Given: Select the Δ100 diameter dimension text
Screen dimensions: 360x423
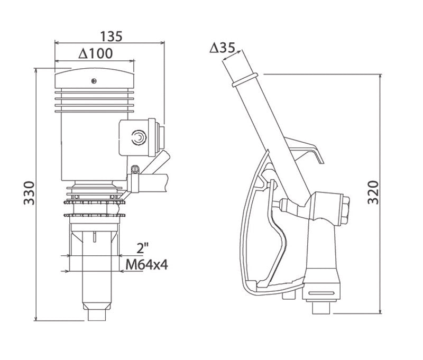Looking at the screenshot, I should point(95,53).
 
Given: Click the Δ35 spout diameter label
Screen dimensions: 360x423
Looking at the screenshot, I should point(222,48).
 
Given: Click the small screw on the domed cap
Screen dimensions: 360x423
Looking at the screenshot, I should point(93,80).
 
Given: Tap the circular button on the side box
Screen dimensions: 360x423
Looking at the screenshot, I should point(139,138).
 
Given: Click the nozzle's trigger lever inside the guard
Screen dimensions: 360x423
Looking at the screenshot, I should point(281,233).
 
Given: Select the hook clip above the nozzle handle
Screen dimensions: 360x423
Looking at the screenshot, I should point(307,150).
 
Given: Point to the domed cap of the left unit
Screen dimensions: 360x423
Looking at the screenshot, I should point(95,77).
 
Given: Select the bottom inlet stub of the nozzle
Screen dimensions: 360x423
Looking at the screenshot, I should point(320,307).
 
